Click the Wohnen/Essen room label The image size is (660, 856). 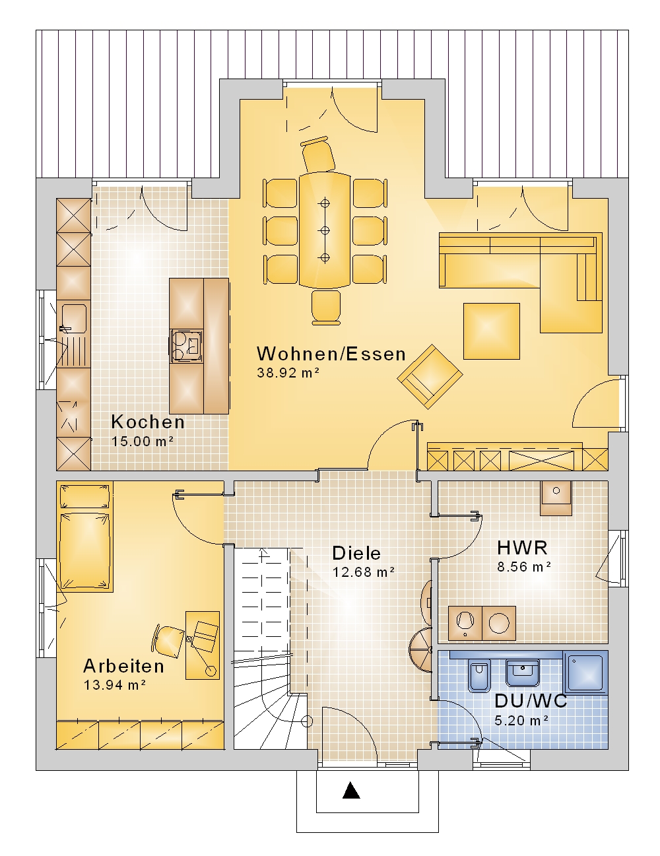tap(331, 354)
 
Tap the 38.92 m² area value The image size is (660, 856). tap(288, 373)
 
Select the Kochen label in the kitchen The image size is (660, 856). tap(148, 422)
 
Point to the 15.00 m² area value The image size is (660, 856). tap(142, 441)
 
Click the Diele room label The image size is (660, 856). tap(356, 553)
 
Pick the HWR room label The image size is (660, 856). tap(522, 548)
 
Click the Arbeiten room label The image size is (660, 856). tap(123, 666)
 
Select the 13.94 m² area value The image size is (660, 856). tap(115, 685)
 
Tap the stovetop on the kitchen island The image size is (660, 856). tap(186, 346)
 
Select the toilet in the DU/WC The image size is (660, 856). tap(478, 675)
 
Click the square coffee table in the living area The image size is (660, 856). tap(491, 331)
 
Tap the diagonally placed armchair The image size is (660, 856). tap(430, 377)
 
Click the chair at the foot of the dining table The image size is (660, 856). tap(325, 308)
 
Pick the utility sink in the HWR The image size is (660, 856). tap(556, 498)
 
